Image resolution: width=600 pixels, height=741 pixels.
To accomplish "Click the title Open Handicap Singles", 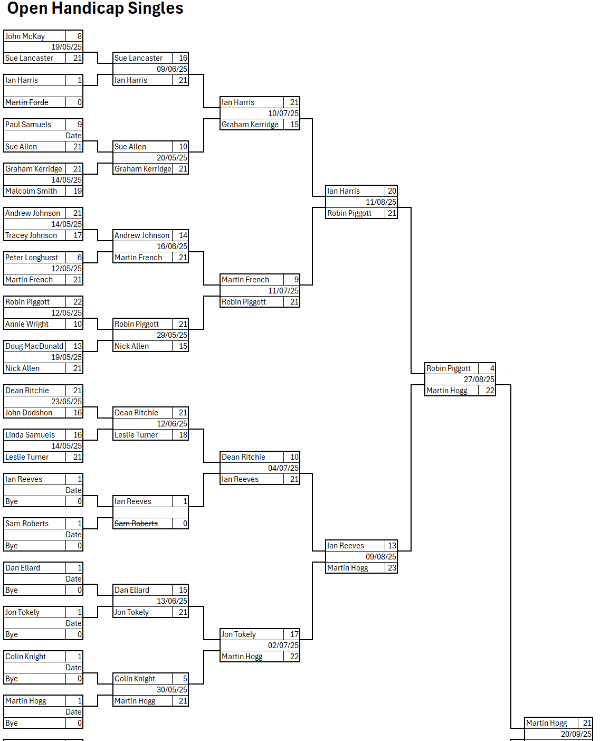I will pos(95,8).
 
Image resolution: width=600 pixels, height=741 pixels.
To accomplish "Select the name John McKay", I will pos(25,36).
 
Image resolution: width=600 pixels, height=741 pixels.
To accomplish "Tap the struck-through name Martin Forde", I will pos(27,102).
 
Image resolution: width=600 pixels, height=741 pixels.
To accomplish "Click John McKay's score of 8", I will pos(79,36).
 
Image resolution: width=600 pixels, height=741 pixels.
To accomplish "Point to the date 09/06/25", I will pos(172,69).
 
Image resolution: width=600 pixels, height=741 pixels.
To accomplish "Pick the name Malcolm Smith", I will pos(31,191).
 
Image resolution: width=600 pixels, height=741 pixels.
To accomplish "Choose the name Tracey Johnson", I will pos(31,235).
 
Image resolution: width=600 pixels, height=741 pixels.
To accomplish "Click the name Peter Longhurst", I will pos(32,258).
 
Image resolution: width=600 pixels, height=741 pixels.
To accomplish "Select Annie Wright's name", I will pos(27,324).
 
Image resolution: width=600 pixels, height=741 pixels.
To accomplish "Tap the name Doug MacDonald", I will pos(34,346).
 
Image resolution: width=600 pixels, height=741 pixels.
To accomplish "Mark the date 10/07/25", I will pos(283,113).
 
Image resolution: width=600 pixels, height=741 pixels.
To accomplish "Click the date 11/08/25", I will pos(380,202).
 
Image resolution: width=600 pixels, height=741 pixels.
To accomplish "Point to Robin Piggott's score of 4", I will pos(492,368).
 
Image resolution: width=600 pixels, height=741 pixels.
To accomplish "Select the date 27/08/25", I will pos(479,379).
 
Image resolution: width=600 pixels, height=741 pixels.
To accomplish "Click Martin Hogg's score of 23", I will pos(392,568).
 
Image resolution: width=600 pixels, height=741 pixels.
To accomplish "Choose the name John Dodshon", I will pos(29,413).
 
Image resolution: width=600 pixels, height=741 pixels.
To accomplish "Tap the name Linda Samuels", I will pos(30,435).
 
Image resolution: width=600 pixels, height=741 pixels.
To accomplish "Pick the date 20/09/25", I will pos(576,734).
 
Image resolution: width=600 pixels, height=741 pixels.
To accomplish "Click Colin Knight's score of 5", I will pos(185,679).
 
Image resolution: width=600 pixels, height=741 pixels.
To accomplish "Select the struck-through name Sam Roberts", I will pos(136,524).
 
